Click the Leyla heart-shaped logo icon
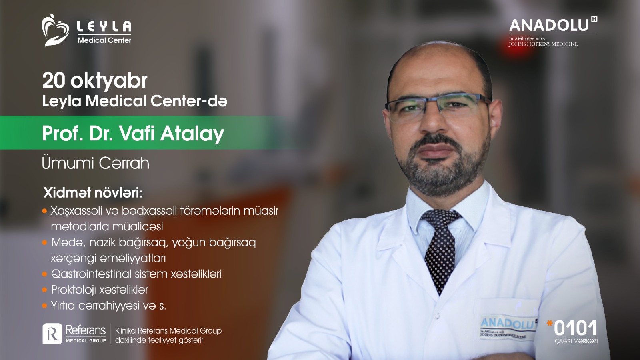pyautogui.click(x=55, y=30)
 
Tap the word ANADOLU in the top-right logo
pyautogui.click(x=549, y=26)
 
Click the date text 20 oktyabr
pyautogui.click(x=95, y=81)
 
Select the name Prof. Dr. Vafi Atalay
pyautogui.click(x=133, y=134)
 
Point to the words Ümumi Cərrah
pyautogui.click(x=96, y=163)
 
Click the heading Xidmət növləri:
pyautogui.click(x=93, y=193)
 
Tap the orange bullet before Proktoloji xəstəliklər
pyautogui.click(x=44, y=290)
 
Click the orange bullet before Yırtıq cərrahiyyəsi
pyautogui.click(x=44, y=306)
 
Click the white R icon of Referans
pyautogui.click(x=52, y=334)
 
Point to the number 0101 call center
pyautogui.click(x=575, y=328)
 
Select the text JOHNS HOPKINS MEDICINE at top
pyautogui.click(x=543, y=44)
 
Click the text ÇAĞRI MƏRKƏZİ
pyautogui.click(x=576, y=341)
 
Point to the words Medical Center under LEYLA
pyautogui.click(x=104, y=40)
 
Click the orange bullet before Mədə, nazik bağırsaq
pyautogui.click(x=44, y=243)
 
